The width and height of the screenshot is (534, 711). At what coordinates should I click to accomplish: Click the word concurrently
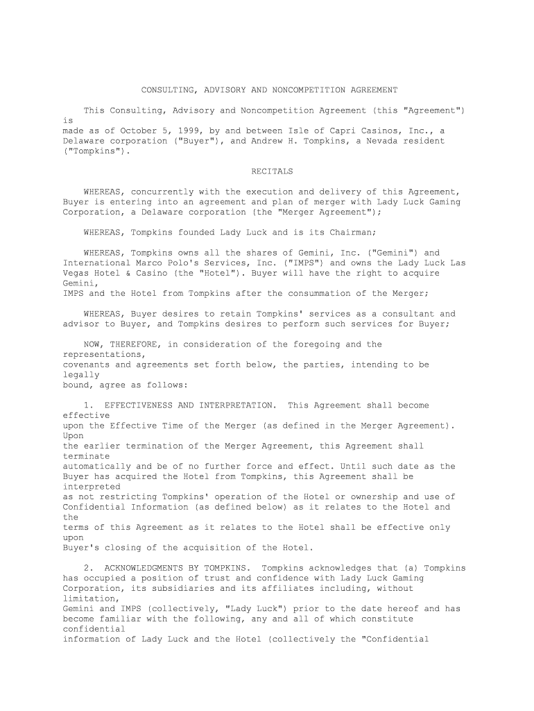[161, 192]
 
